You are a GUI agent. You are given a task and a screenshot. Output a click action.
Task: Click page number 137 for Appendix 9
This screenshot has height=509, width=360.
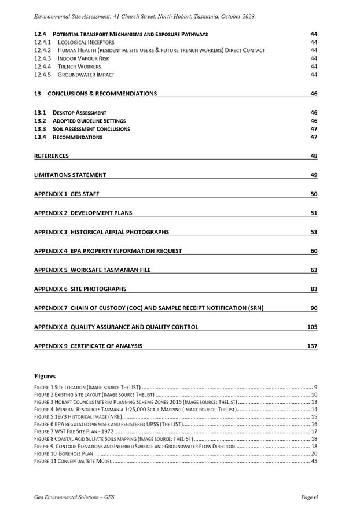312,346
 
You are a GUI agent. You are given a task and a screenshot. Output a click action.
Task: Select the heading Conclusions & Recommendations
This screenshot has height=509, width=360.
102,94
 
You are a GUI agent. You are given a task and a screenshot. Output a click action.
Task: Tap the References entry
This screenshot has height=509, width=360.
52,156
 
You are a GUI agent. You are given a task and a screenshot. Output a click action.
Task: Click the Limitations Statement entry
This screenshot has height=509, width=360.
70,175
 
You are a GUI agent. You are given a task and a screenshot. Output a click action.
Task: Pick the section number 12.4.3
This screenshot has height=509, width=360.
43,58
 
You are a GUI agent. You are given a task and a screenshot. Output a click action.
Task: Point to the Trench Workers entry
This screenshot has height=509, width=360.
79,67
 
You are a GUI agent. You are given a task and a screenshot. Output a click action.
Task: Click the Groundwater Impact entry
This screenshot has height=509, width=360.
86,75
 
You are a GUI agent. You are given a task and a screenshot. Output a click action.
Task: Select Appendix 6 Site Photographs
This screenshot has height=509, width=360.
80,289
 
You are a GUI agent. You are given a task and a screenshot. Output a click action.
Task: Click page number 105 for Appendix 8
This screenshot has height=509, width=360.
312,327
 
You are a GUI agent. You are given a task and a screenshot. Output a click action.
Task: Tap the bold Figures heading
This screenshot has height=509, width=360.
45,376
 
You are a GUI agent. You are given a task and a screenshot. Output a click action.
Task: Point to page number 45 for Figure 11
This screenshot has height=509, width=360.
314,461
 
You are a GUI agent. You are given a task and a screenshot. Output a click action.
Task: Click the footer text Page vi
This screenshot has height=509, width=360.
310,497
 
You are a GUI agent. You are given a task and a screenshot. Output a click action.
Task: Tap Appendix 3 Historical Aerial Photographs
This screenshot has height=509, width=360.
102,232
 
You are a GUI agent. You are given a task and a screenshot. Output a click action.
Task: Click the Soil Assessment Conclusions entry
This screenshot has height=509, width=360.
91,129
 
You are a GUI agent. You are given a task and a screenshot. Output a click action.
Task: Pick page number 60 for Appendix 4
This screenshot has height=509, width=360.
314,251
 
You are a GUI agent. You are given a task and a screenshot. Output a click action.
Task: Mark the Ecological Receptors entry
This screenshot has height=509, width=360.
86,42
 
